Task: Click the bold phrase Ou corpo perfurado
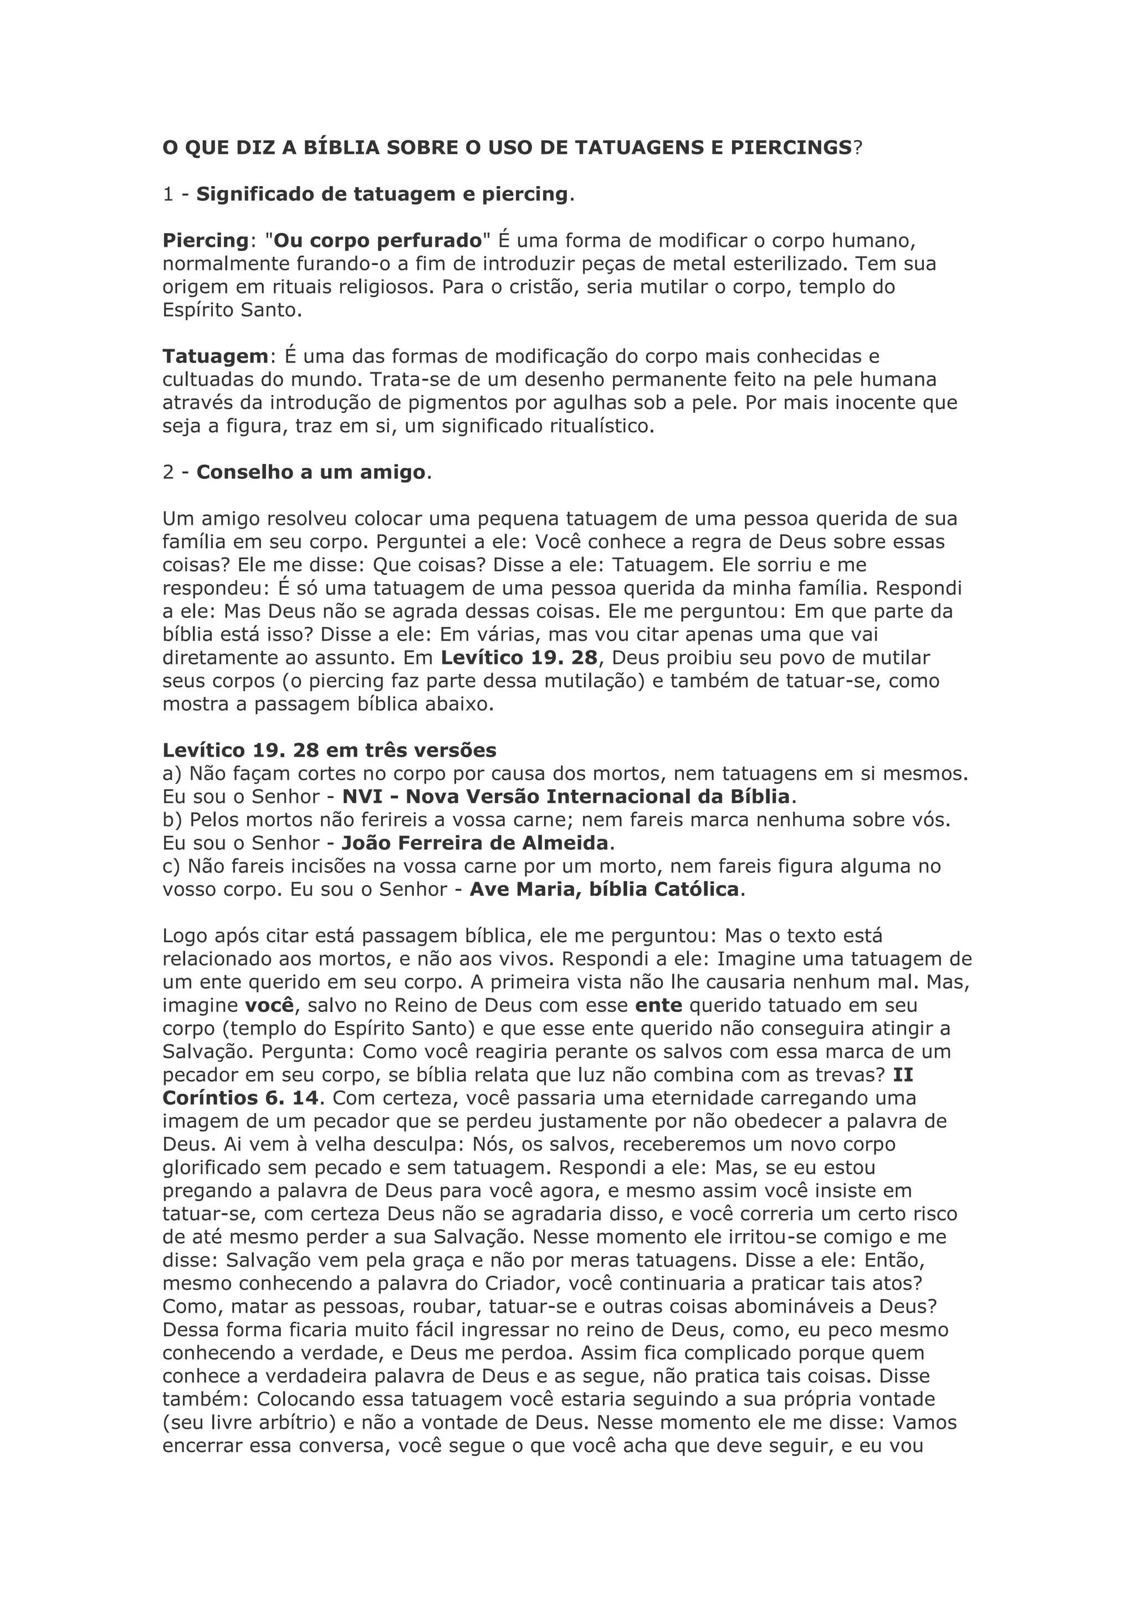tap(378, 241)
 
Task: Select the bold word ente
tap(659, 1005)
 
